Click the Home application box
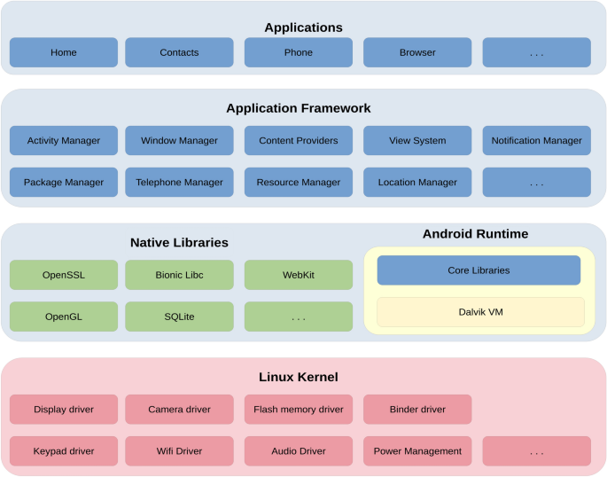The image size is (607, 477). [x=63, y=52]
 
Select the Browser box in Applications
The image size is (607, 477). [x=417, y=52]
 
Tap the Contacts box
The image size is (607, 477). [x=179, y=52]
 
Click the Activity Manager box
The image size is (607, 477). [x=63, y=140]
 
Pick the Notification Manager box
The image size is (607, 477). [x=536, y=140]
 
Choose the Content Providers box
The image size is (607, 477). [x=298, y=140]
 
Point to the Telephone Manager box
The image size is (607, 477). [x=179, y=182]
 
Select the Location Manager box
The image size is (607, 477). [x=417, y=182]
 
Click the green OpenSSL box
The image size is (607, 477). [x=63, y=275]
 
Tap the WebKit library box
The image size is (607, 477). [x=298, y=275]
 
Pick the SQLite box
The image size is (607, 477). [x=179, y=317]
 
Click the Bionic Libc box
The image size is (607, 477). [x=179, y=275]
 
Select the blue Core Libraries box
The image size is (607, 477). [x=479, y=270]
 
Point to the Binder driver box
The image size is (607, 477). [x=417, y=410]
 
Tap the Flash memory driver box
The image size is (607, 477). [x=298, y=410]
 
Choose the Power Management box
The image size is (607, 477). [x=417, y=450]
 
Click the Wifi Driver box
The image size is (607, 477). [x=179, y=450]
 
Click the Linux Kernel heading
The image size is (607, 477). [x=298, y=377]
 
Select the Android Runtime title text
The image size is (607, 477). [x=475, y=234]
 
